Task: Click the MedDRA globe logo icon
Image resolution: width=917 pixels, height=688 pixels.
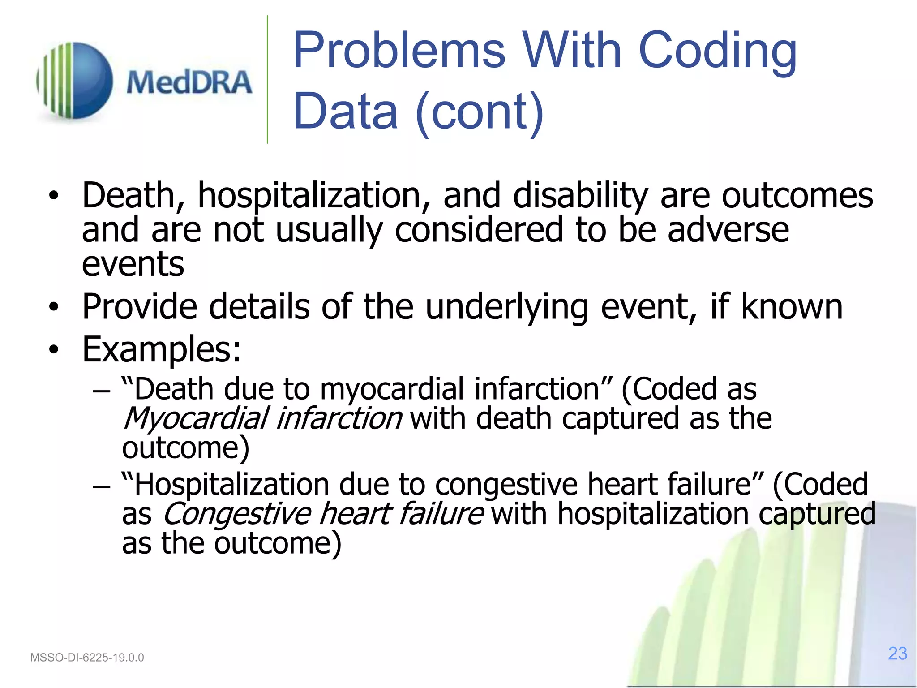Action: click(x=75, y=81)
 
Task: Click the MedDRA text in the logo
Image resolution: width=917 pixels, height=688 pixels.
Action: click(x=189, y=82)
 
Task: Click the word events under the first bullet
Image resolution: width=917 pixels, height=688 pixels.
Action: click(x=133, y=264)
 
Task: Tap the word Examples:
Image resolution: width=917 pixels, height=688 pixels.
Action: click(x=162, y=349)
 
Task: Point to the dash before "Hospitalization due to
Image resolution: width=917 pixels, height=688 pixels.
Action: click(x=102, y=486)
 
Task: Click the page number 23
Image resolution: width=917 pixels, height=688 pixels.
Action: click(x=897, y=654)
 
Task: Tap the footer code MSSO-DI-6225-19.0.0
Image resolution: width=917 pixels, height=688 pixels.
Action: click(x=87, y=658)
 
